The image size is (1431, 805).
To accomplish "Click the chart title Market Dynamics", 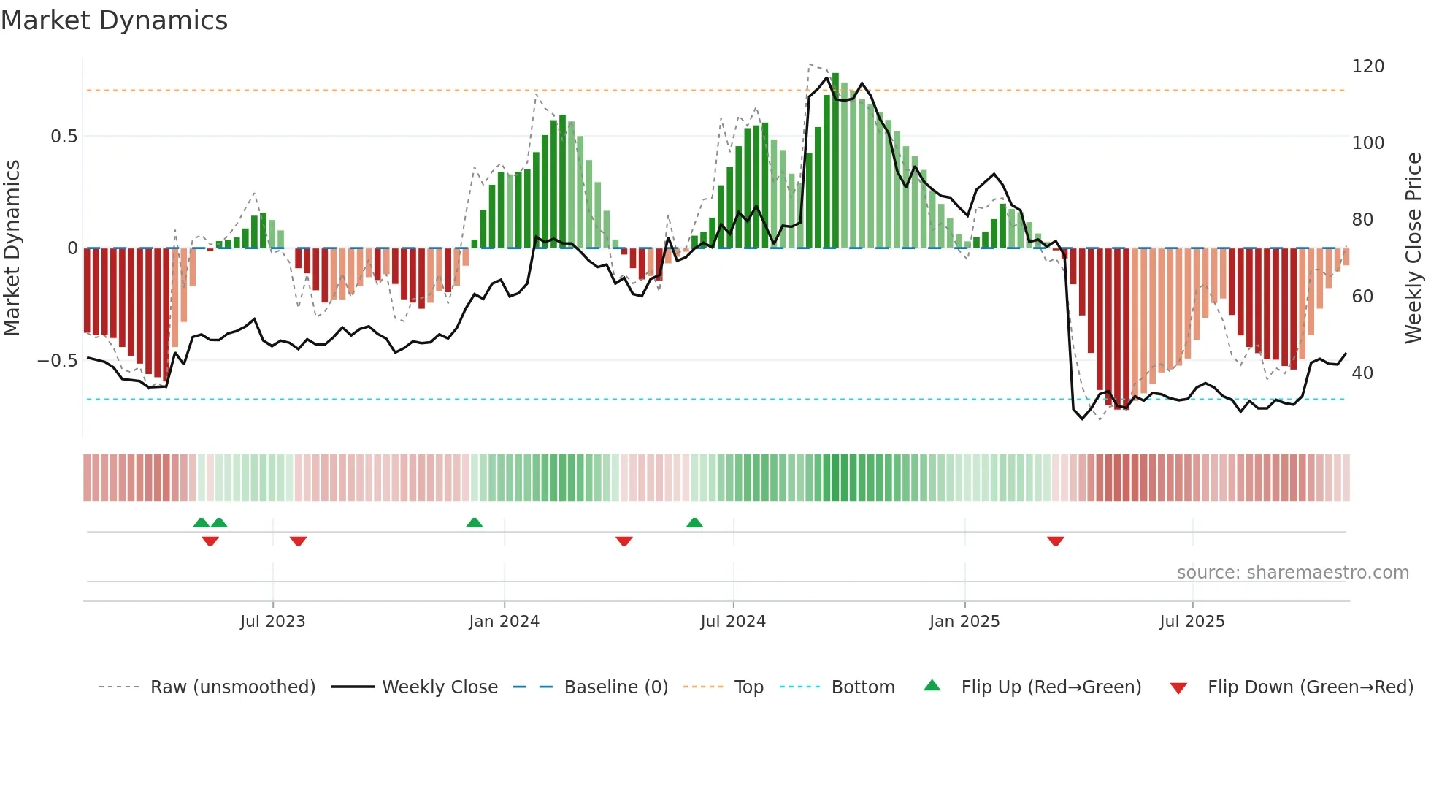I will [x=115, y=20].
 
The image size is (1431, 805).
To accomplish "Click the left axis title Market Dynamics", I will [x=12, y=248].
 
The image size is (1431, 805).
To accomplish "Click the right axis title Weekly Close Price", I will [x=1413, y=248].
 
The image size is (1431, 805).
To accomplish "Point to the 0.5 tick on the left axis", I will [x=64, y=137].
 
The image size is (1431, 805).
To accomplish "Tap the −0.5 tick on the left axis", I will [x=58, y=361].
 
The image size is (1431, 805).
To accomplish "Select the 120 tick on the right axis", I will [x=1367, y=66].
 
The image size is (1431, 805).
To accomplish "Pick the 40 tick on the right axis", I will [x=1362, y=373].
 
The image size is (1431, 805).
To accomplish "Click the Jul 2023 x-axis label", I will [x=272, y=622].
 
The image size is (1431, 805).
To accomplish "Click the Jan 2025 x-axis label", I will [x=964, y=622].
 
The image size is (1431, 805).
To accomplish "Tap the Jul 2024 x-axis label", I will [x=732, y=622].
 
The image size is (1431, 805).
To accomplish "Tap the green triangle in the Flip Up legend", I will [x=932, y=686].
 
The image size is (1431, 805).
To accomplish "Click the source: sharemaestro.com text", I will [x=1292, y=573].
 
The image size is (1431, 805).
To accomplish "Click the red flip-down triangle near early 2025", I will [x=1055, y=541].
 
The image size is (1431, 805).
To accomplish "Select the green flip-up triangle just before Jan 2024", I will [x=474, y=522].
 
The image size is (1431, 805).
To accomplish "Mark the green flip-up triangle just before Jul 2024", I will [x=694, y=522].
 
